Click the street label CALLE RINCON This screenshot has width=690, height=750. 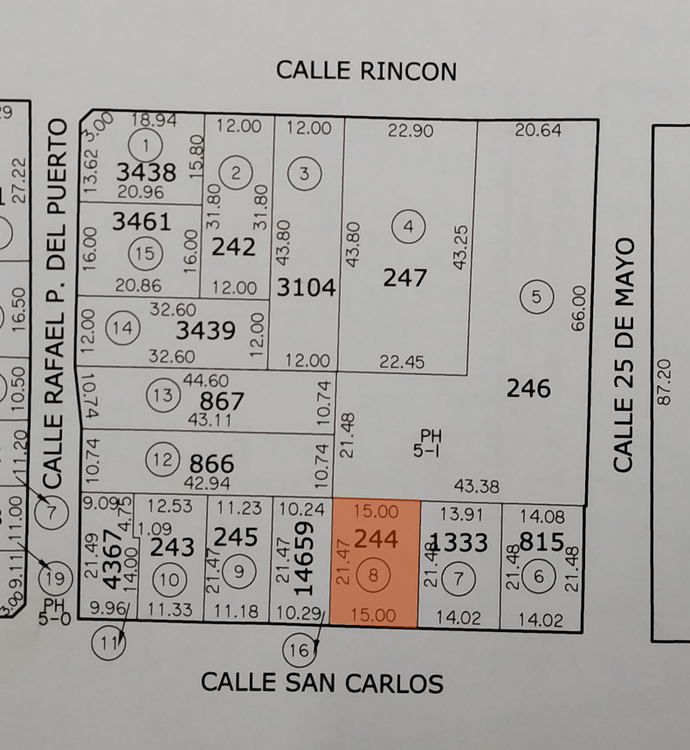pyautogui.click(x=366, y=71)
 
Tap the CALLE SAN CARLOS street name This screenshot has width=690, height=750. pyautogui.click(x=321, y=683)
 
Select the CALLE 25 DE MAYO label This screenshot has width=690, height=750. pyautogui.click(x=624, y=355)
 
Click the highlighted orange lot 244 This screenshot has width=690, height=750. pyautogui.click(x=374, y=565)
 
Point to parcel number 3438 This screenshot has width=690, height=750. pyautogui.click(x=147, y=171)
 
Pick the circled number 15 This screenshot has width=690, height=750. pyautogui.click(x=145, y=255)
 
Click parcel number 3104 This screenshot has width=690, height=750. pyautogui.click(x=307, y=287)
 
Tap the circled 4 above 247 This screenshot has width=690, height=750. pyautogui.click(x=408, y=227)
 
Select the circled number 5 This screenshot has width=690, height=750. pyautogui.click(x=535, y=297)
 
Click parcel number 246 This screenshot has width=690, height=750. pyautogui.click(x=528, y=387)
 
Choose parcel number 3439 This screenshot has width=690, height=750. pyautogui.click(x=205, y=330)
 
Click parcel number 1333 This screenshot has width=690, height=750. pyautogui.click(x=459, y=543)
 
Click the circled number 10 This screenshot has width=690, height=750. pyautogui.click(x=171, y=579)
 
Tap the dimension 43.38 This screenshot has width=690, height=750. pyautogui.click(x=477, y=487)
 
